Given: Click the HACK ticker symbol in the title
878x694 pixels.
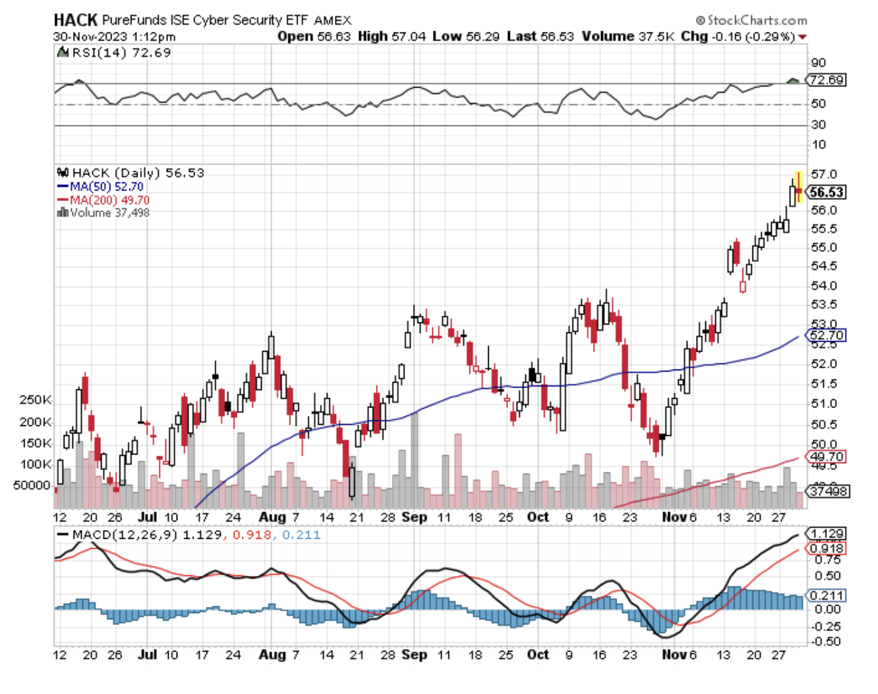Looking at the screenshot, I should coord(75,20).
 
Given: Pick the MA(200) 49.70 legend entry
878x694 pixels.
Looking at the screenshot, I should coord(110,200).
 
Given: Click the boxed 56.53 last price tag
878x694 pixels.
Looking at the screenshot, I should coord(826,192).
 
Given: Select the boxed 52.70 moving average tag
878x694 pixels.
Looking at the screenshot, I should coord(827,335).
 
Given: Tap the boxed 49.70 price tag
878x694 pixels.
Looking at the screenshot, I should coord(827,456).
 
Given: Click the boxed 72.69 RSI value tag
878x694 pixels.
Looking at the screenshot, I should coord(827,80).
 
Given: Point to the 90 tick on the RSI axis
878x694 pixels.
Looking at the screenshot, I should coord(818,63).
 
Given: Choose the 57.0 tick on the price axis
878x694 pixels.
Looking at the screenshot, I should coord(824,174).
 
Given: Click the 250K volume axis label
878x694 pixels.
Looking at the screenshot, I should coord(35,400).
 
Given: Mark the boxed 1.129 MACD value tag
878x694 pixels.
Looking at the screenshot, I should coord(827,534).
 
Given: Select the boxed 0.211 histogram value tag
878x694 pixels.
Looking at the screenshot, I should coord(827,595).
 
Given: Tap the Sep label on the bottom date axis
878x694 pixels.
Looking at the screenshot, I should coord(414,654).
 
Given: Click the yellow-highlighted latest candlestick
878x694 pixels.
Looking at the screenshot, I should coord(798,188).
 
